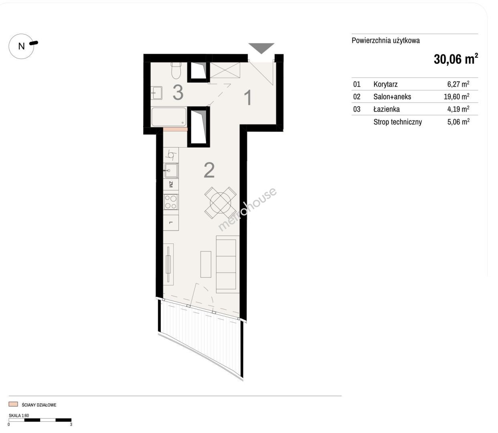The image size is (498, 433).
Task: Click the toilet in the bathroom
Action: point(176,70)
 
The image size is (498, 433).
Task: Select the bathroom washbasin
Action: point(156,93)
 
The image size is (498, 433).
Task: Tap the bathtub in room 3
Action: point(169,117)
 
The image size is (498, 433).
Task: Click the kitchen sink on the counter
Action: point(171,170)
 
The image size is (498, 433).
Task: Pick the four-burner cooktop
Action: point(171,202)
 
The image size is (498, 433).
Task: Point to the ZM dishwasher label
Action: point(171,184)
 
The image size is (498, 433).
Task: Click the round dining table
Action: point(221,203)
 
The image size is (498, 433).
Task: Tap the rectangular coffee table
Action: point(206,264)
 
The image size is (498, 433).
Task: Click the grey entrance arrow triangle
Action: point(261,48)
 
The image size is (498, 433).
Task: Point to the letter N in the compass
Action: point(21,46)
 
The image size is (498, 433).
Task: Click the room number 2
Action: point(209,170)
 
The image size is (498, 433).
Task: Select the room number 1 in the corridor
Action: point(248,97)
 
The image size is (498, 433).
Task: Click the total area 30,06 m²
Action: point(455,59)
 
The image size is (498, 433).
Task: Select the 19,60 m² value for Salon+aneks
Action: point(456,96)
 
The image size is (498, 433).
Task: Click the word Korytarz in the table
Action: point(386,84)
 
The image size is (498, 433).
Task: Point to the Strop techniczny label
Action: point(397,122)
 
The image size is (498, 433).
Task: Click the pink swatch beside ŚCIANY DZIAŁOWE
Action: point(13,404)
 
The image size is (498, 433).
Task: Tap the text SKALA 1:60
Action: point(19,415)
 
